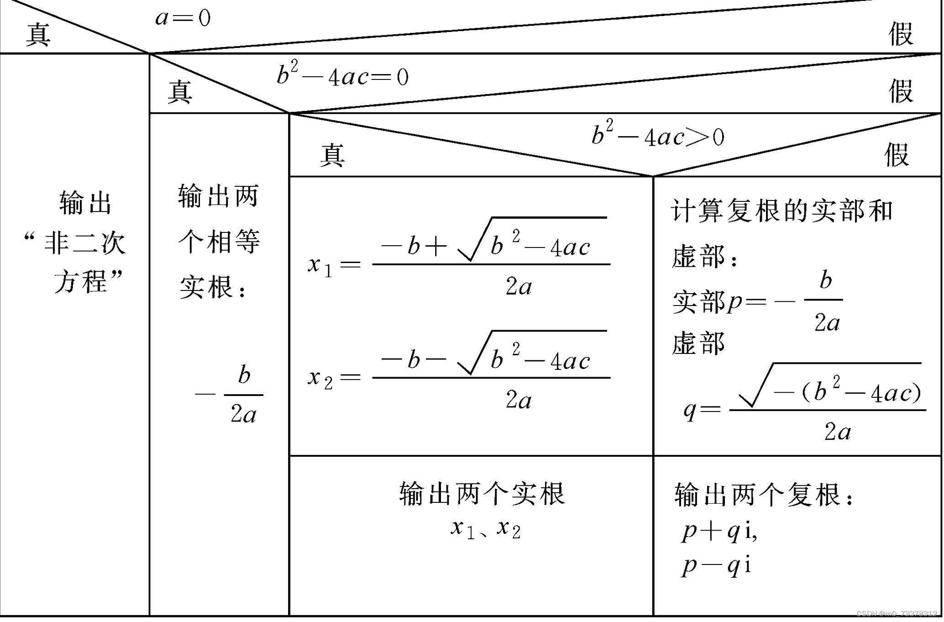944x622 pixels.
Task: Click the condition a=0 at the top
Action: click(x=183, y=18)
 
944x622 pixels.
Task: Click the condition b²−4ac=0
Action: click(x=342, y=76)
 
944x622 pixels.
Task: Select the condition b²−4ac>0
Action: click(x=658, y=136)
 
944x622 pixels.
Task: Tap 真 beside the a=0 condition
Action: click(x=38, y=35)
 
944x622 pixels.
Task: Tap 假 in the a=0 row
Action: click(x=901, y=34)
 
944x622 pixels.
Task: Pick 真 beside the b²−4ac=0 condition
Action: click(x=180, y=92)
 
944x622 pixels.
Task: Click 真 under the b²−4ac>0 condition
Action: click(x=332, y=155)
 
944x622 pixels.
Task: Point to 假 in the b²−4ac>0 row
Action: click(x=897, y=155)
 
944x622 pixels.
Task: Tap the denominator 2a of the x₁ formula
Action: click(x=519, y=287)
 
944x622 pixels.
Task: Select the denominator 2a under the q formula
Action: click(x=837, y=432)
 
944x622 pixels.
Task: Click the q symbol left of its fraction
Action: click(x=690, y=410)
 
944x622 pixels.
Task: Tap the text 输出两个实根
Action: click(x=482, y=494)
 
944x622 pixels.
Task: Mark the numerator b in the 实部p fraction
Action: click(x=825, y=280)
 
